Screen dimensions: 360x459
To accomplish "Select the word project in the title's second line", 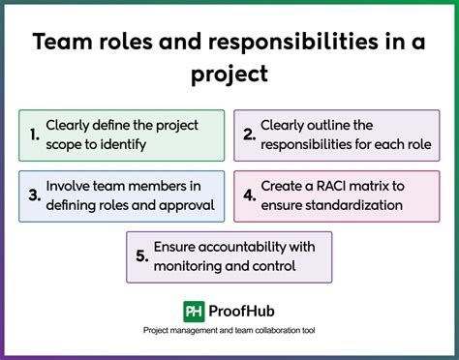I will pyautogui.click(x=229, y=75).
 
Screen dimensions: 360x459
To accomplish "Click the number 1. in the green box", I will pyautogui.click(x=35, y=135).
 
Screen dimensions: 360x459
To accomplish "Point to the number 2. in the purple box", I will pyautogui.click(x=251, y=135).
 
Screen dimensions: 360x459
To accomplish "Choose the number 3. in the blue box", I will pyautogui.click(x=35, y=195).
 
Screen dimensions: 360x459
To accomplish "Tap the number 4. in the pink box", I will pyautogui.click(x=251, y=195).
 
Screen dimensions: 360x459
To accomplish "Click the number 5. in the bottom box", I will pyautogui.click(x=142, y=255).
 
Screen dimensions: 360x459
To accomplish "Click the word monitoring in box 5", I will pyautogui.click(x=194, y=265).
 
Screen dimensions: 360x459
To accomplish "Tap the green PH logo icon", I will pyautogui.click(x=194, y=311).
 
